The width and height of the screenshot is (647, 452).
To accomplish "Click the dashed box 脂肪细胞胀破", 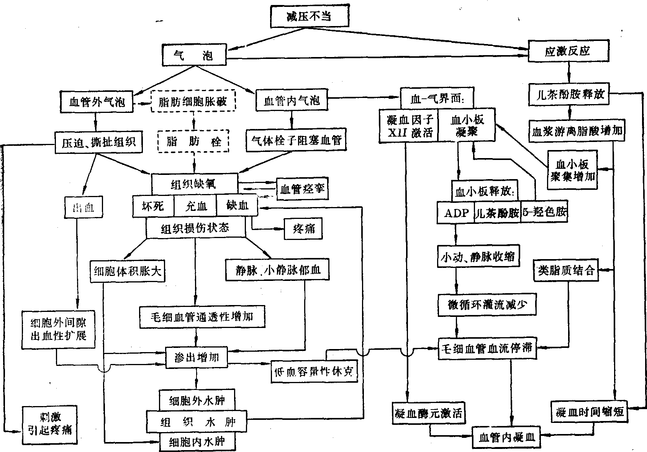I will tap(193, 101).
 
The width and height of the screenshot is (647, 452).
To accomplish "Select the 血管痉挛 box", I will tap(303, 189).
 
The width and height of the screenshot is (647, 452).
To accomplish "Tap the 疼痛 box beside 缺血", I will tap(303, 229).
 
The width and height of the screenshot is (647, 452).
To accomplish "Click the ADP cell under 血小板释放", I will tap(456, 213).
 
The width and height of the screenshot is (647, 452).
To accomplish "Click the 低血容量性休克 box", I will tap(314, 371).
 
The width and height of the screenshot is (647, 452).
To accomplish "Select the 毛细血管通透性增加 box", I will tap(202, 317).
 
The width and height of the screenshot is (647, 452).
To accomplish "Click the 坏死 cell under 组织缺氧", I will tap(153, 206).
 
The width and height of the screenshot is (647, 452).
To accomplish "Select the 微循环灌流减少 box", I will tap(487, 305).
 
